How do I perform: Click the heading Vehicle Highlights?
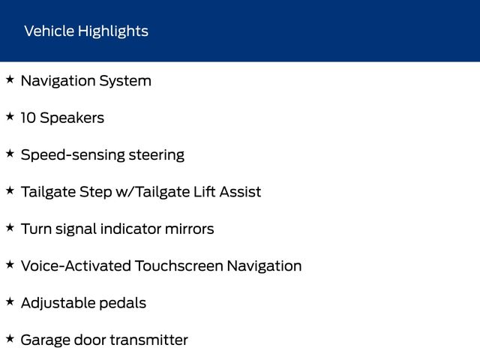pyautogui.click(x=86, y=31)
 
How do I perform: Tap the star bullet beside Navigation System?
pyautogui.click(x=10, y=79)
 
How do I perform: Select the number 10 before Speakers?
pyautogui.click(x=28, y=118)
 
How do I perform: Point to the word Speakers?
pyautogui.click(x=72, y=118)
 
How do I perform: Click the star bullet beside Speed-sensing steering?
pyautogui.click(x=10, y=154)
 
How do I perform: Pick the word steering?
pyautogui.click(x=157, y=155)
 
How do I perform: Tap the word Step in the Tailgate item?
pyautogui.click(x=95, y=193)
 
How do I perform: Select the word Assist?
pyautogui.click(x=240, y=192)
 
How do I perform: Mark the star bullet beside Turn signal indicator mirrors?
pyautogui.click(x=10, y=228)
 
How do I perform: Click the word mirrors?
pyautogui.click(x=189, y=229)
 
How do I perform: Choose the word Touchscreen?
pyautogui.click(x=179, y=265)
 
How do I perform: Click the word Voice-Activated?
pyautogui.click(x=76, y=265)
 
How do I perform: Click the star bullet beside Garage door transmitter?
pyautogui.click(x=10, y=339)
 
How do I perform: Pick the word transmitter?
pyautogui.click(x=149, y=340)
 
